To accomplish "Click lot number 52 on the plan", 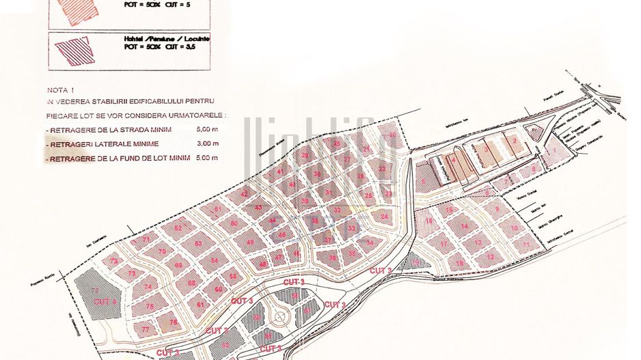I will [178, 227].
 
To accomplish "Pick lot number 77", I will [146, 329].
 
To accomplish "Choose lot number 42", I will [245, 194].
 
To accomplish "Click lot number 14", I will [464, 226].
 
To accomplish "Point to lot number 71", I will [145, 240].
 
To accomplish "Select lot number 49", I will [250, 242].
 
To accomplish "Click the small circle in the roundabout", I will [280, 316].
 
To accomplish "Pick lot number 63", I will [198, 243].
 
